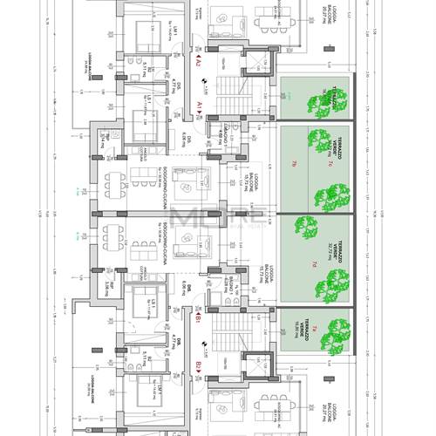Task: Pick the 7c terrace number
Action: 331,164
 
